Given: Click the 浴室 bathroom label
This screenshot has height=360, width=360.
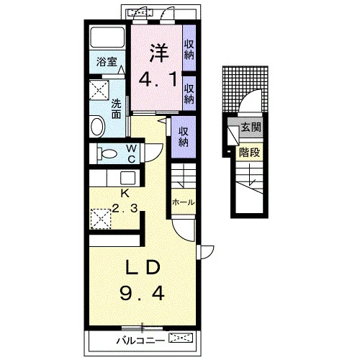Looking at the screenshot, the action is click(107, 62).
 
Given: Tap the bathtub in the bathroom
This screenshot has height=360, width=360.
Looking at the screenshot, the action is click(107, 37).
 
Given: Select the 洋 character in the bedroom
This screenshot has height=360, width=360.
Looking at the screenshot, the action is click(158, 53).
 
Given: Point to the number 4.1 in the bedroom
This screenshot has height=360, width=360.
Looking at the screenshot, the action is click(158, 80).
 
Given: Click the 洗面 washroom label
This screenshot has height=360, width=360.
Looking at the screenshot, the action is click(116, 109).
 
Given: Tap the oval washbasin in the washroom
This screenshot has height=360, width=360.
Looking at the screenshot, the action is click(97, 126).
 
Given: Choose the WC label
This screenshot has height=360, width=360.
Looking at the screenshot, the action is click(132, 153).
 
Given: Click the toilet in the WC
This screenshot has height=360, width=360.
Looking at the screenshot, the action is click(107, 153).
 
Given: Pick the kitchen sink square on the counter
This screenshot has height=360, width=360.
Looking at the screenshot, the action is click(127, 178).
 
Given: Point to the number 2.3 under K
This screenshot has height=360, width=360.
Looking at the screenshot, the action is click(125, 208).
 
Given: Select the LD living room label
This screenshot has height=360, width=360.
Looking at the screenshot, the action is click(143, 267).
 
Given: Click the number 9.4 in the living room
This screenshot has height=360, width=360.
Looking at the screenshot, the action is click(142, 294).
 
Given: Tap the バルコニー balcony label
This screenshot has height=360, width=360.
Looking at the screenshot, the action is click(140, 341).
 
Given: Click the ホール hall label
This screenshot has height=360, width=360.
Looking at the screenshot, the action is click(184, 202).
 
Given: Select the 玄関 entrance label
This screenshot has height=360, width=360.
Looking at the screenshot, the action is click(251, 127).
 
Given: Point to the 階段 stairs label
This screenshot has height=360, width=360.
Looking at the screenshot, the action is click(249, 152).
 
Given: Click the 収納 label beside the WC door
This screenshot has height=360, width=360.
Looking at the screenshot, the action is click(184, 137).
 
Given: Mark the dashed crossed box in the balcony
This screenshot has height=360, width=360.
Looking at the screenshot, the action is click(181, 338).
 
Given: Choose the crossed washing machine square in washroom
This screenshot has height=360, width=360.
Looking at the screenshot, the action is click(99, 90).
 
